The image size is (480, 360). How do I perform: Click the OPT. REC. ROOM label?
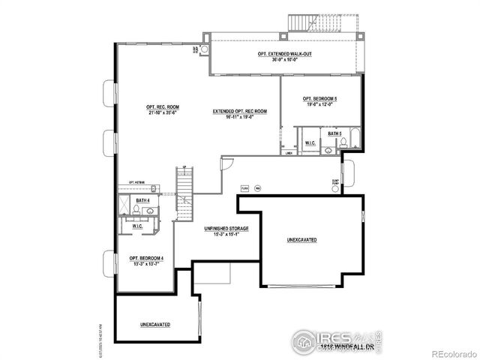pyautogui.click(x=163, y=107)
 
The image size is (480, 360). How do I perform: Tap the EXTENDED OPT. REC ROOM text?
pyautogui.click(x=240, y=111)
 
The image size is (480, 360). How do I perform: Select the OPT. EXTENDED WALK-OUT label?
pyautogui.click(x=287, y=54)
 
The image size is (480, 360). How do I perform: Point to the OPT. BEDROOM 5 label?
pyautogui.click(x=319, y=99)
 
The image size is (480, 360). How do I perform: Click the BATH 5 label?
pyautogui.click(x=334, y=133)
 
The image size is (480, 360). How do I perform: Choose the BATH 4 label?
pyautogui.click(x=142, y=200)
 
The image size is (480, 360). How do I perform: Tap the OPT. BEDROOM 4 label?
pyautogui.click(x=146, y=259)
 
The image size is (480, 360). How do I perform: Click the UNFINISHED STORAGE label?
pyautogui.click(x=226, y=228)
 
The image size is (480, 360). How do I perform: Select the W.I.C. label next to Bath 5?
pyautogui.click(x=309, y=142)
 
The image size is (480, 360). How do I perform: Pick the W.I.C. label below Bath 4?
pyautogui.click(x=137, y=226)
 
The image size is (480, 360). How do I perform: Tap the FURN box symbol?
pyautogui.click(x=244, y=187)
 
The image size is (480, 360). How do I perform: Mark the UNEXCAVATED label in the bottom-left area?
pyautogui.click(x=154, y=325)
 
